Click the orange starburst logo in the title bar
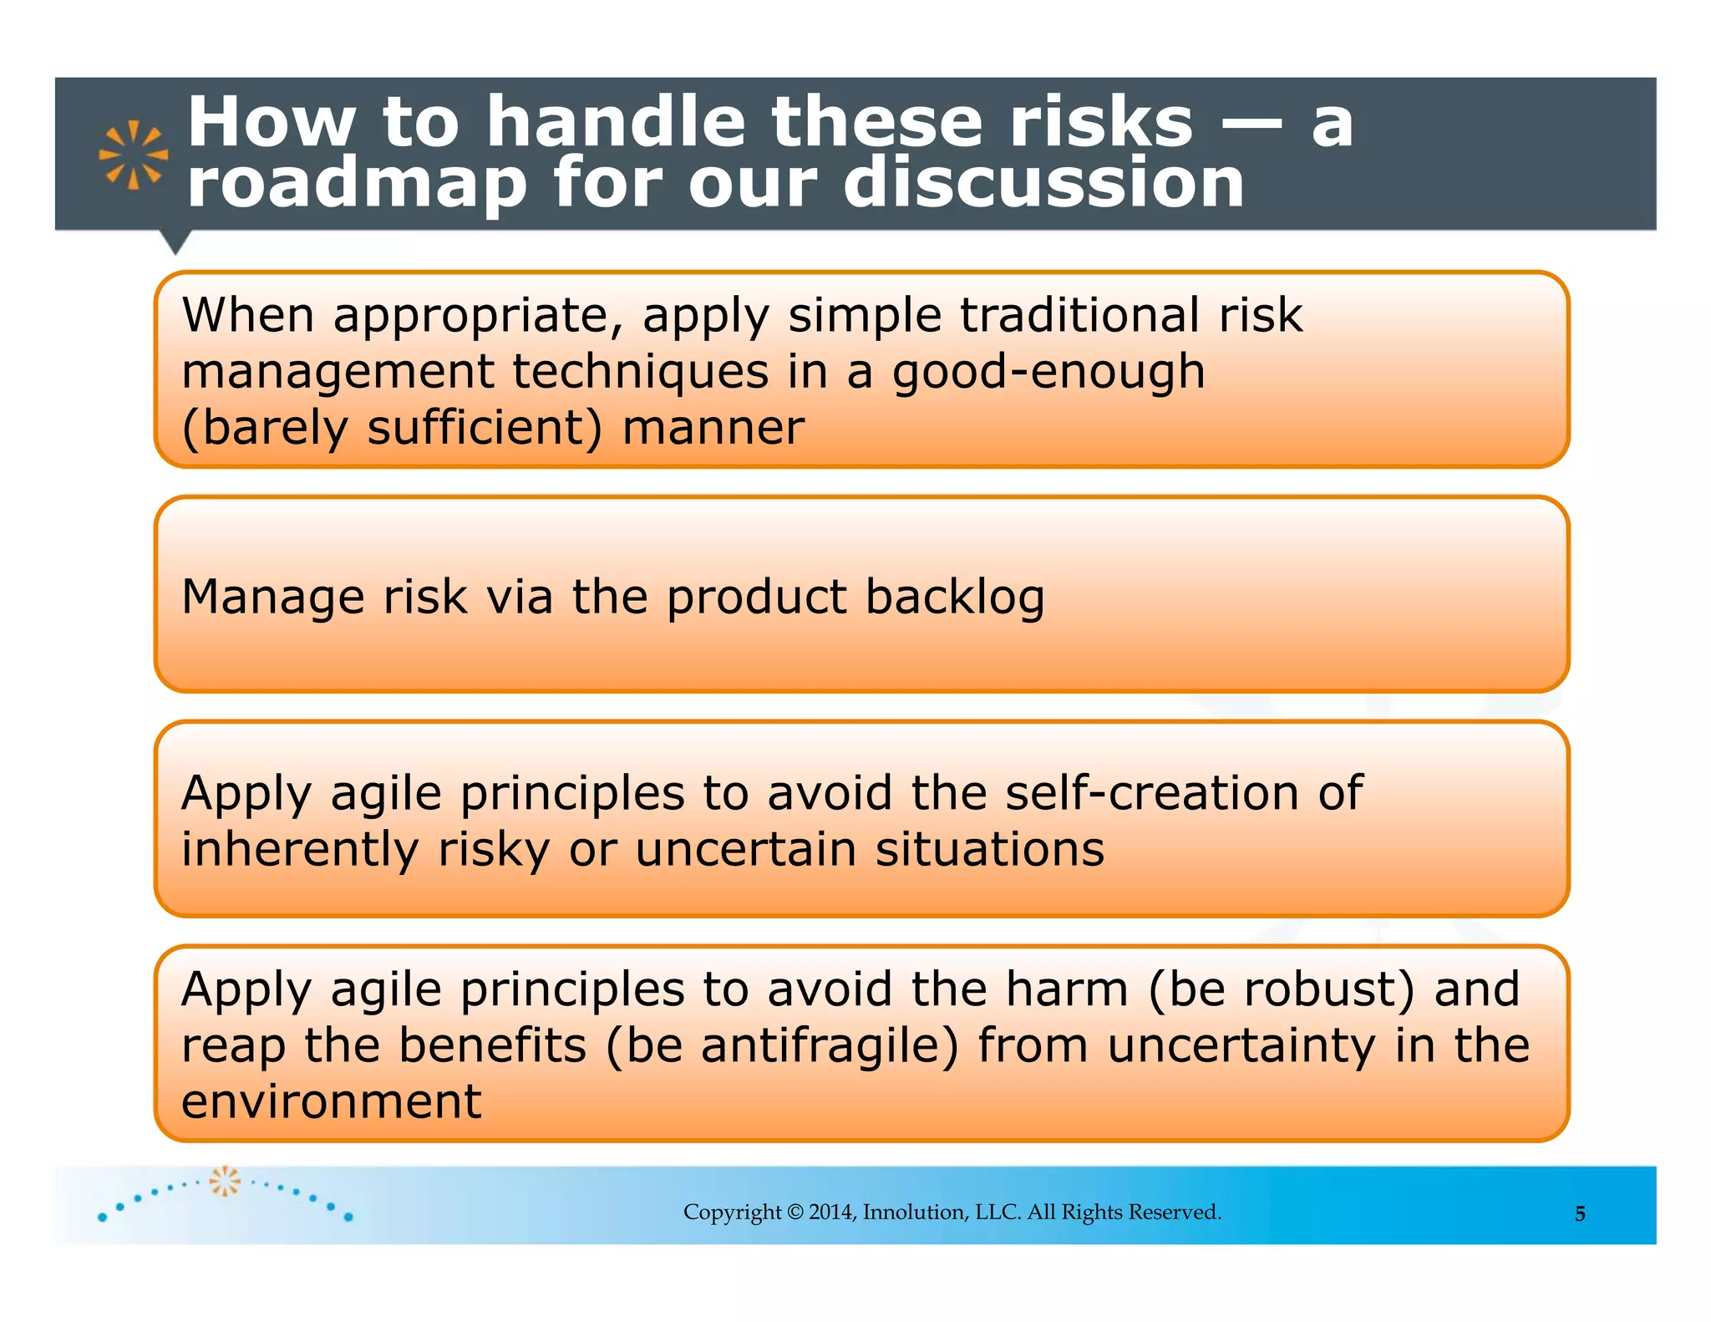coord(133,155)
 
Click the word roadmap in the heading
coord(357,184)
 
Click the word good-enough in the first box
coord(1048,372)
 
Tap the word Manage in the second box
coord(272,597)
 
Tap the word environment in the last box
coord(331,1101)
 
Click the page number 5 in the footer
coord(1579,1213)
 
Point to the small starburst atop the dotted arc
coord(225,1181)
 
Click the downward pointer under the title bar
coord(175,242)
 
